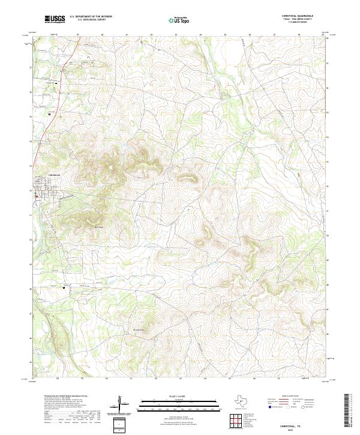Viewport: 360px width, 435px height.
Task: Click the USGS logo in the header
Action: [x=55, y=19]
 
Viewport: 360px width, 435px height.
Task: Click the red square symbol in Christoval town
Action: [x=37, y=196]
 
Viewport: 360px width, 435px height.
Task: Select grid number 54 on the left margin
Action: [x=31, y=141]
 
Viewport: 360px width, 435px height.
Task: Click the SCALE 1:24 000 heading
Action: [x=174, y=395]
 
